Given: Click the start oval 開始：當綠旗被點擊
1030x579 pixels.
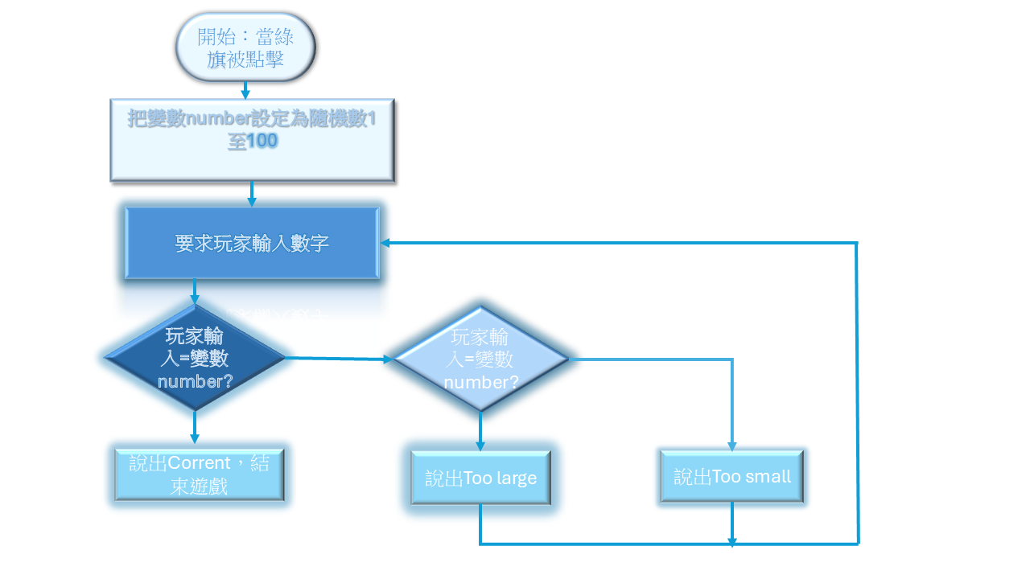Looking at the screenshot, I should click(x=245, y=47).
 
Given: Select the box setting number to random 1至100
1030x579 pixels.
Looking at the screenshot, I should click(x=252, y=140).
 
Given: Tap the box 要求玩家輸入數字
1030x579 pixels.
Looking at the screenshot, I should click(x=252, y=243).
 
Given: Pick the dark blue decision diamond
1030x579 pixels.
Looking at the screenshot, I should click(x=195, y=358).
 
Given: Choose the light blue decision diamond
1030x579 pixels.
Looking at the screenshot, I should click(x=480, y=359).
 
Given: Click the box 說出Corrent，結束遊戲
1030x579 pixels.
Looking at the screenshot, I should click(x=199, y=474).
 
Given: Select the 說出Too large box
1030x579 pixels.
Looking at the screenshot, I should click(x=480, y=478).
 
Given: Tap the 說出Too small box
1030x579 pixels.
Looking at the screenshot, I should click(x=731, y=477).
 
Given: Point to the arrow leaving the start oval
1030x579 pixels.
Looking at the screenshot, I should click(x=245, y=90).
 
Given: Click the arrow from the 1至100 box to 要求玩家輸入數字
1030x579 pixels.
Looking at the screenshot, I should click(x=252, y=194).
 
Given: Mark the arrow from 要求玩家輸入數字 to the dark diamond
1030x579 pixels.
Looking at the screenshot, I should click(x=194, y=292).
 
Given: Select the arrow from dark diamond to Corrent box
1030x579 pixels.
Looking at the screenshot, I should click(x=194, y=427).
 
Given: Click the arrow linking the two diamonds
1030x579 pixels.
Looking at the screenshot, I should click(x=338, y=359).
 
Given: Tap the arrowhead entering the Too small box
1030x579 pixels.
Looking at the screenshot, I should click(x=731, y=446).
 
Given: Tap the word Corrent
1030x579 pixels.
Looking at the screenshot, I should click(x=200, y=464).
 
